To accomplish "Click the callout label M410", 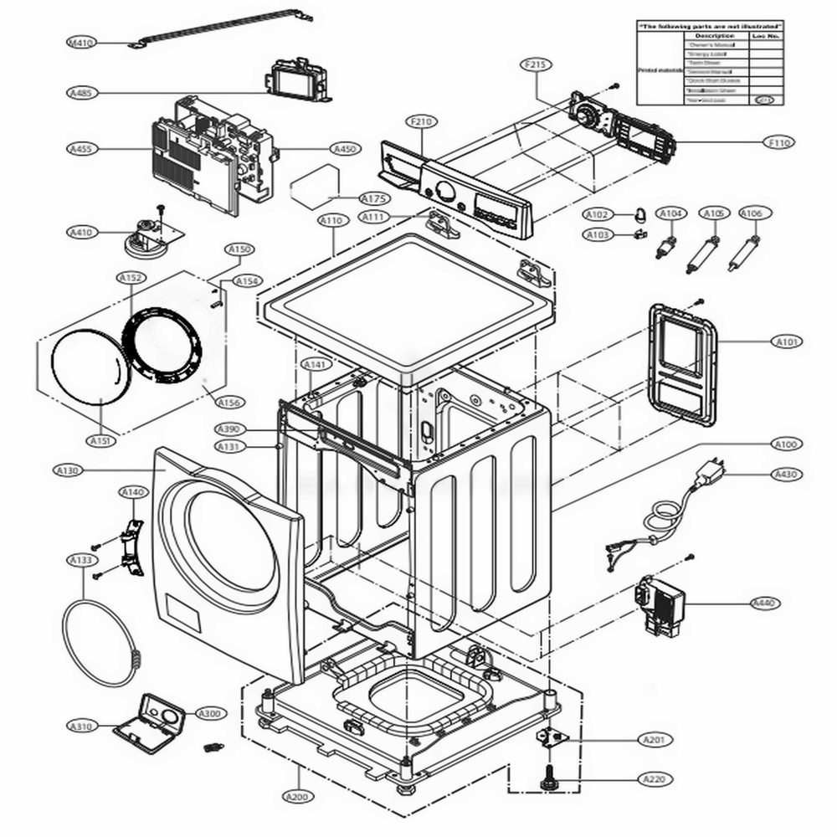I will pyautogui.click(x=81, y=42).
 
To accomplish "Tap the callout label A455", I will pyautogui.click(x=81, y=149).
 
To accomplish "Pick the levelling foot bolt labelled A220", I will pyautogui.click(x=551, y=778).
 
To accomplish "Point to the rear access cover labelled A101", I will pyautogui.click(x=685, y=364).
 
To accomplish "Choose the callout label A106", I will pyautogui.click(x=751, y=214).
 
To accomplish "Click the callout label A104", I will pyautogui.click(x=670, y=214).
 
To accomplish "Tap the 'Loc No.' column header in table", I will pyautogui.click(x=765, y=36).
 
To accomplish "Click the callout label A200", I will pyautogui.click(x=297, y=796).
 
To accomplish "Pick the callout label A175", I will pyautogui.click(x=373, y=198).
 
